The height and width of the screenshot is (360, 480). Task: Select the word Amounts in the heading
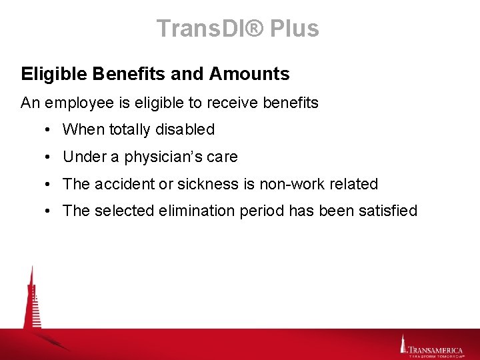(x=249, y=74)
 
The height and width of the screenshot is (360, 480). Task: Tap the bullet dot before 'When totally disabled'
(x=50, y=129)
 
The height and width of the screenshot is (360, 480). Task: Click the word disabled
(x=186, y=129)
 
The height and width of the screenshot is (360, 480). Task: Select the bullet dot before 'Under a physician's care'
(x=50, y=157)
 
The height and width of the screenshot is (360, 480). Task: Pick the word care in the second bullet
(x=223, y=157)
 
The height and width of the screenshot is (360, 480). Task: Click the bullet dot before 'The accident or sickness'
(x=50, y=184)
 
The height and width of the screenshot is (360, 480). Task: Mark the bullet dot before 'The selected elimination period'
(x=50, y=211)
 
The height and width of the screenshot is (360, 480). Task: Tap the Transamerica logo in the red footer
(x=433, y=347)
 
